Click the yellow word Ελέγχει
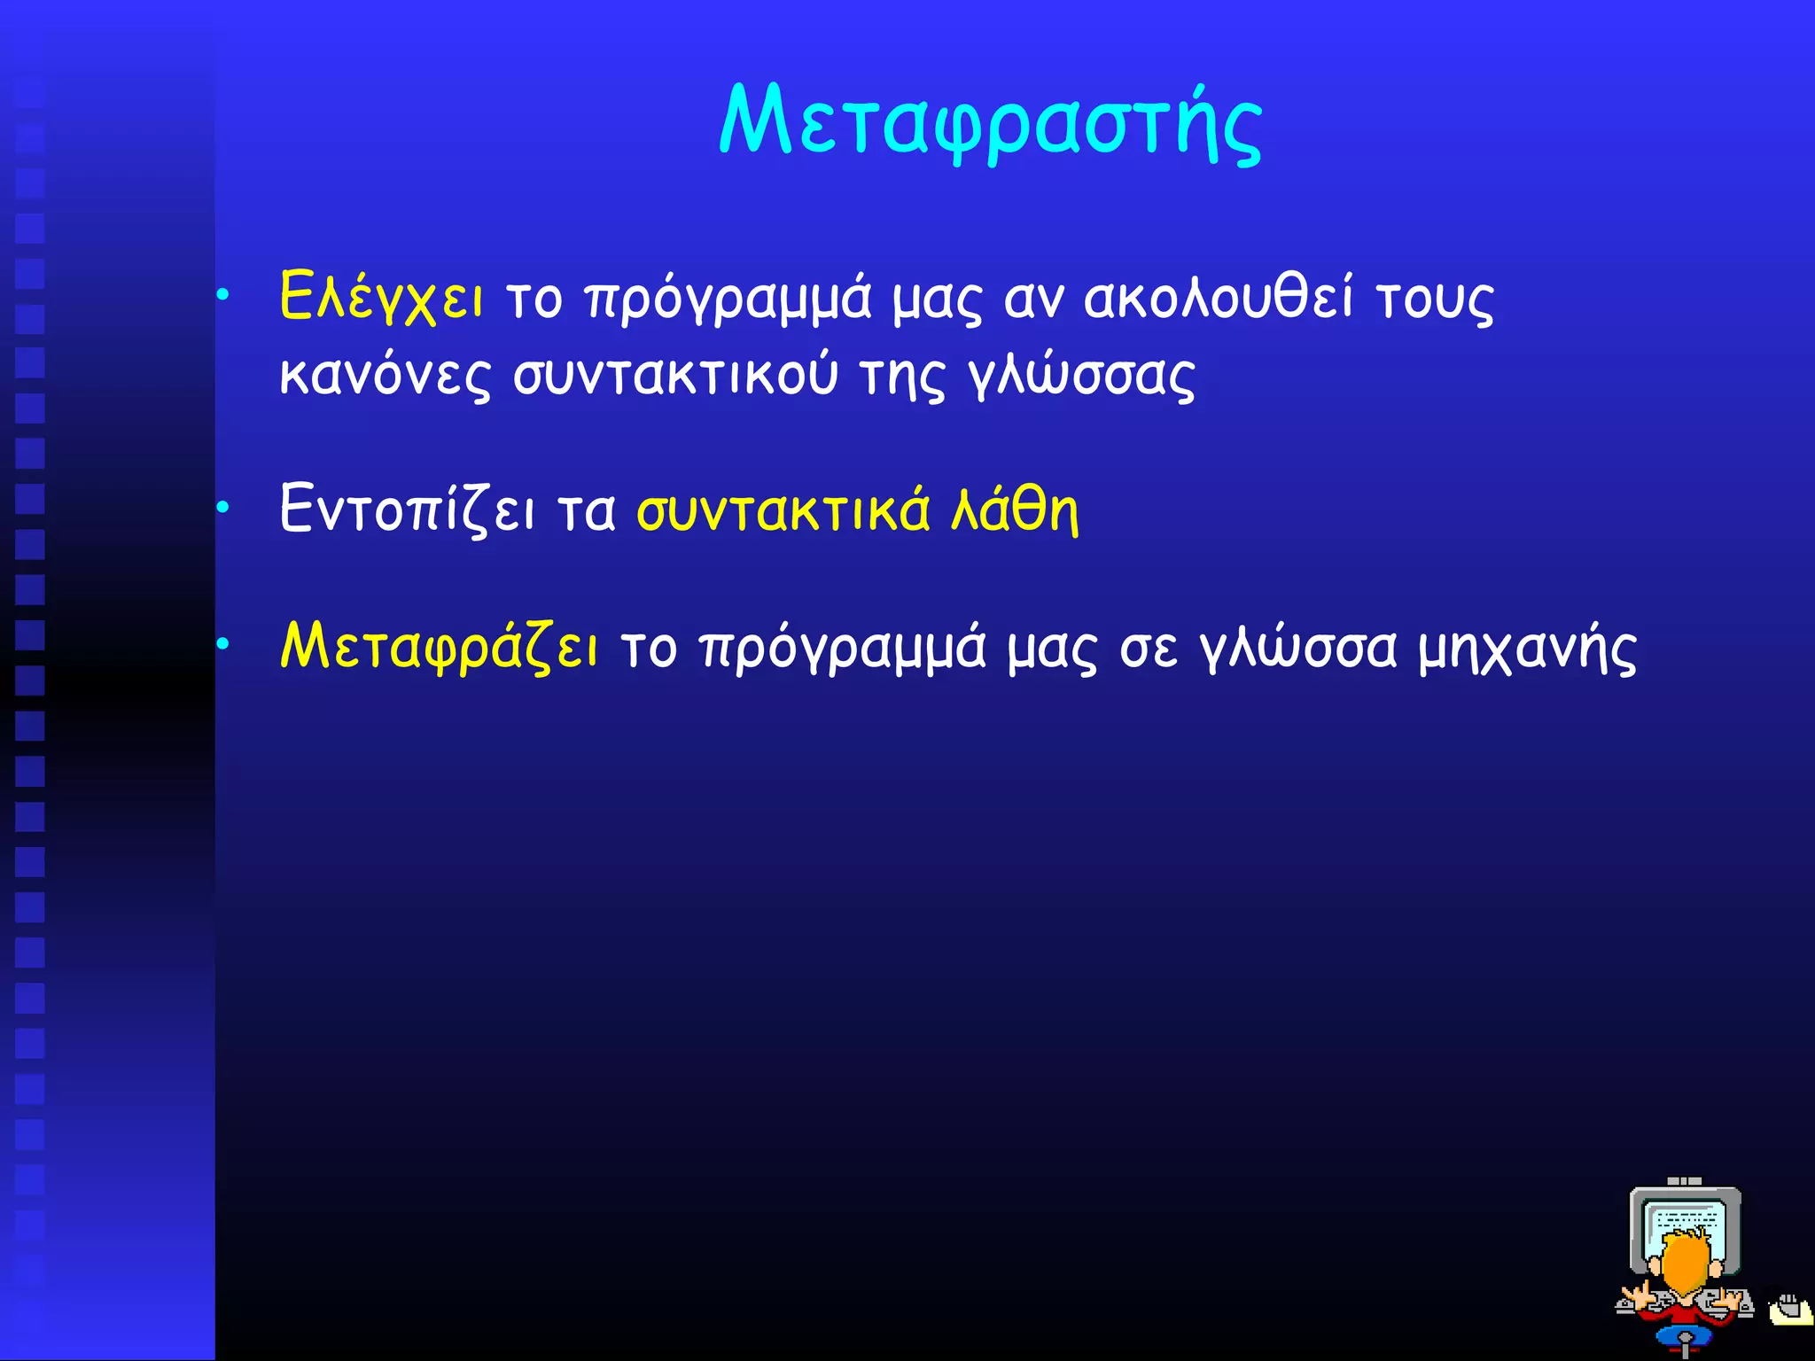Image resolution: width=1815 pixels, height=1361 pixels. pos(381,297)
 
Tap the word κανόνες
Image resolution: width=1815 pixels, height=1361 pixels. pos(384,375)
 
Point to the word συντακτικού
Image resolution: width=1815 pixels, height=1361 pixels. pos(675,375)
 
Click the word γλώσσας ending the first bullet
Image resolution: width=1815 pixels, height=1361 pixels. pos(1081,375)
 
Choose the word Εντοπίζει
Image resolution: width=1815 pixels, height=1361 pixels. pos(407,509)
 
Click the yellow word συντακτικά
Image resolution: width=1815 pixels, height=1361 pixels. pos(783,509)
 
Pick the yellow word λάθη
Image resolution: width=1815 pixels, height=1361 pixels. pos(1015,509)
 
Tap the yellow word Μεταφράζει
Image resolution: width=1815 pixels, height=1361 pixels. pos(439,647)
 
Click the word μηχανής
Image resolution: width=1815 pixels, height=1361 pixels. pos(1526,649)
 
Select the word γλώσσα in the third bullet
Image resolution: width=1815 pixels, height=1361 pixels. pos(1298,649)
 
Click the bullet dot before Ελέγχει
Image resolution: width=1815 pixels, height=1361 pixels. pos(223,293)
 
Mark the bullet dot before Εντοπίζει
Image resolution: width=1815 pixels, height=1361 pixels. pos(223,507)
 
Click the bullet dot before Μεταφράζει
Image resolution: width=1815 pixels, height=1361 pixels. pos(223,644)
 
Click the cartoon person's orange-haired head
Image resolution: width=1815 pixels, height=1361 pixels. pos(1684,1267)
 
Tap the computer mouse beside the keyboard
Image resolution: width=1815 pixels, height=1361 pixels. pos(1790,1309)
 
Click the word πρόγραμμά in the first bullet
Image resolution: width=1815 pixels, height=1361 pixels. pos(728,299)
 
